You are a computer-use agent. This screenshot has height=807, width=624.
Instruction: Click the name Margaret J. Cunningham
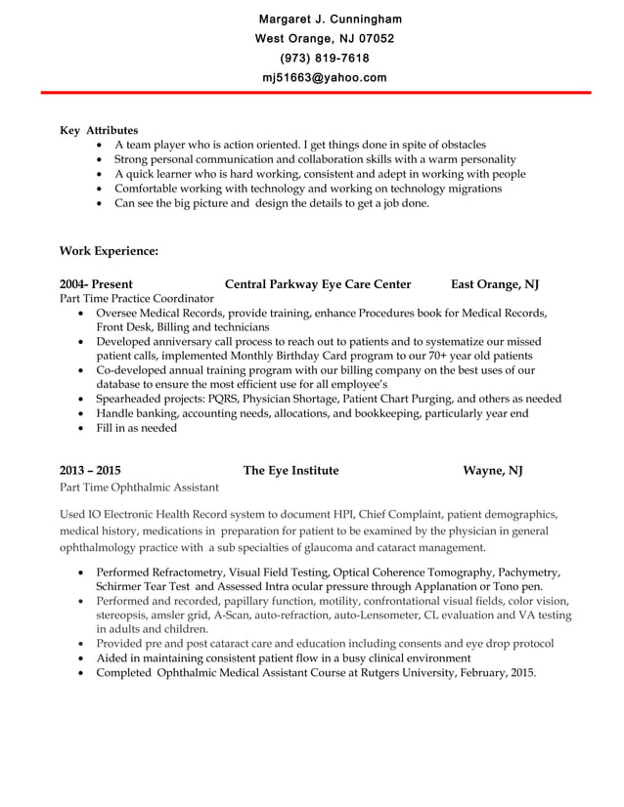click(330, 20)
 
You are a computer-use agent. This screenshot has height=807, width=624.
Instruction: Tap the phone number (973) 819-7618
click(325, 59)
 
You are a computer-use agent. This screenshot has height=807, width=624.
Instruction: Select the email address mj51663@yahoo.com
click(325, 78)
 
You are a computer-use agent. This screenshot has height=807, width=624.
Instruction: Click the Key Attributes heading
click(99, 130)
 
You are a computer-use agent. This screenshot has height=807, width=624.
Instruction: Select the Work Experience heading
click(109, 251)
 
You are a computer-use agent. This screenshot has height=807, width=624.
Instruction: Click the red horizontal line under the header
click(312, 93)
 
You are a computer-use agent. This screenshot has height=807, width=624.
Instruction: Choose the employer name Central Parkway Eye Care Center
click(318, 284)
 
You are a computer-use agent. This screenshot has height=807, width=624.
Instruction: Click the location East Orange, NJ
click(495, 284)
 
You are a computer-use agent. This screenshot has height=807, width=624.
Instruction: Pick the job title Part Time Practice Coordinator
click(137, 298)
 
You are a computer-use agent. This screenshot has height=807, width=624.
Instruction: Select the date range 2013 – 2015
click(91, 470)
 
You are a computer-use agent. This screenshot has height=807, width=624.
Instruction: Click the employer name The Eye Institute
click(290, 470)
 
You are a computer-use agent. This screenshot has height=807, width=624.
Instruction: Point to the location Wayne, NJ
click(493, 470)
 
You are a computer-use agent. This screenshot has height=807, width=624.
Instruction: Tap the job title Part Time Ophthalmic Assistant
click(140, 487)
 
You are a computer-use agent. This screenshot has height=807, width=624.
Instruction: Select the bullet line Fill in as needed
click(137, 428)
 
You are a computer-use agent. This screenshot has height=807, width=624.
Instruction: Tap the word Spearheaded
click(130, 399)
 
